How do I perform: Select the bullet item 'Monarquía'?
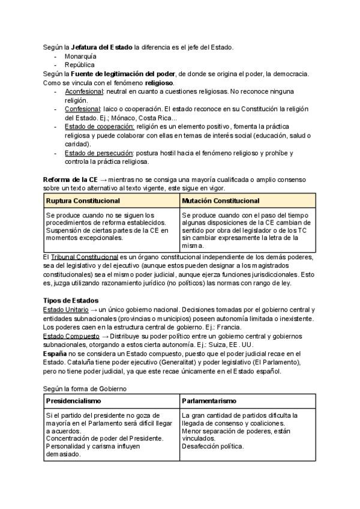click(80, 56)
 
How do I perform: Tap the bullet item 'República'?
click(79, 64)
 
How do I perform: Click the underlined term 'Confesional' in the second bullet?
click(82, 109)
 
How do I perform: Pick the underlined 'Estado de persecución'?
click(99, 153)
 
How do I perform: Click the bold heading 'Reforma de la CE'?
click(70, 179)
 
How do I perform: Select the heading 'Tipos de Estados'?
click(71, 300)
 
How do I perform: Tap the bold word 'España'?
click(55, 354)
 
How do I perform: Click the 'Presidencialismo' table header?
click(74, 400)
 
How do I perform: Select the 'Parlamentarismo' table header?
click(209, 400)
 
